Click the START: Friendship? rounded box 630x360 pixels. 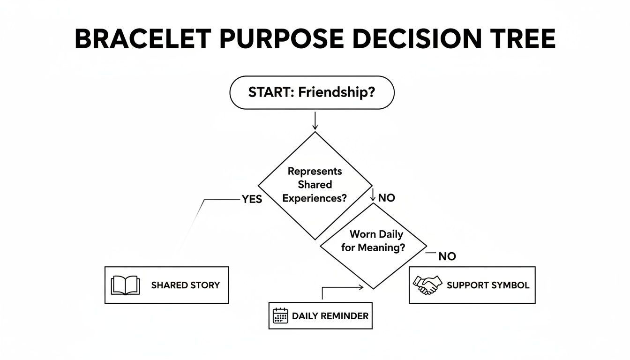312,93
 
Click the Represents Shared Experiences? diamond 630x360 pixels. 315,185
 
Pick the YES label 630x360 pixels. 252,199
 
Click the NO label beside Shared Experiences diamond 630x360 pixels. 386,198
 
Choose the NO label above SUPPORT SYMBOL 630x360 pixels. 447,256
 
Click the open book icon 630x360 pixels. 125,285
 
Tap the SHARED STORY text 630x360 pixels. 185,285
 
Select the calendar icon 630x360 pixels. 280,316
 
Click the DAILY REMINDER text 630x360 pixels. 330,316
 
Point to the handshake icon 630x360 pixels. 427,285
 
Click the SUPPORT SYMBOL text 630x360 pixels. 488,285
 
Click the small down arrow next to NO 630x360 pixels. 373,195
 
